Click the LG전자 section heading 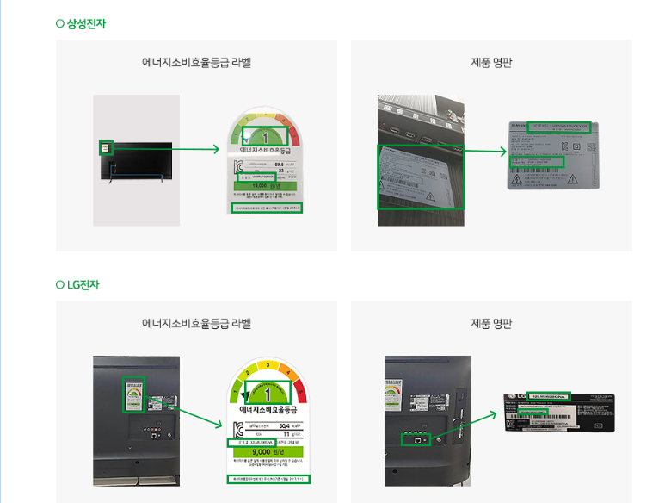(83, 284)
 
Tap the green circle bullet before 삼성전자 (60, 23)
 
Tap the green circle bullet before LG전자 (60, 284)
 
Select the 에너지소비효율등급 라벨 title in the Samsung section (196, 63)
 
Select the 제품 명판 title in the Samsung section (491, 63)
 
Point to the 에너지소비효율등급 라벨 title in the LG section (196, 324)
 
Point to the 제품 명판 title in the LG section (491, 324)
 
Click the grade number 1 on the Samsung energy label (267, 136)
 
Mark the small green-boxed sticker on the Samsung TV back (106, 147)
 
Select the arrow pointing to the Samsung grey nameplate (486, 152)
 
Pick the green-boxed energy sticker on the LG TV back (133, 396)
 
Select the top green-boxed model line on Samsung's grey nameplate (559, 126)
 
